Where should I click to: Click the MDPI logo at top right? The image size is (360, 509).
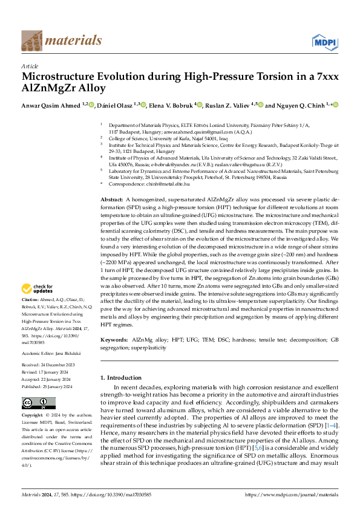click(324, 41)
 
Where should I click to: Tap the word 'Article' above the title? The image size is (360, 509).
click(30, 66)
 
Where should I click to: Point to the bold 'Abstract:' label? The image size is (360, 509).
click(112, 182)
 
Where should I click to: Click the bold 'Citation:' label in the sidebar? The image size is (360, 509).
click(31, 299)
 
